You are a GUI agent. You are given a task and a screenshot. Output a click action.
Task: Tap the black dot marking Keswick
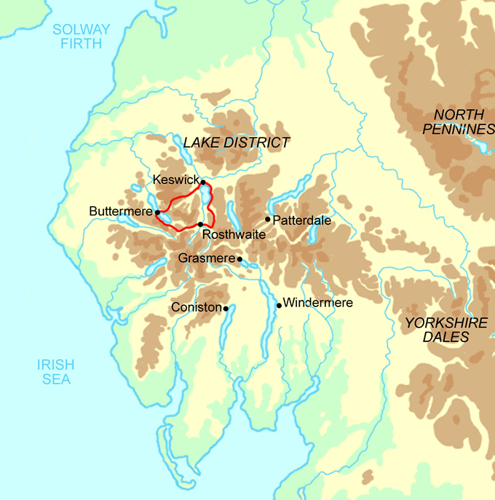coord(203,182)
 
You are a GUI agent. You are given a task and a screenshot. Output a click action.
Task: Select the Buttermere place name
coord(120,212)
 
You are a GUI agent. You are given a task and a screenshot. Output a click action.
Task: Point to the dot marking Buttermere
coord(157,212)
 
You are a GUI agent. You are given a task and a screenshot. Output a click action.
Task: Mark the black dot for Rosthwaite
coord(200,225)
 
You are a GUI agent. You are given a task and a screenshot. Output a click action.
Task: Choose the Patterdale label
coord(301,219)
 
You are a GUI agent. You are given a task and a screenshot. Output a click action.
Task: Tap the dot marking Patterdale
coord(268,219)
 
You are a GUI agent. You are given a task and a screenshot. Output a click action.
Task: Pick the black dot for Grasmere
coord(239,258)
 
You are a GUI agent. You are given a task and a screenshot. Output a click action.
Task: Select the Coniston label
coord(195,308)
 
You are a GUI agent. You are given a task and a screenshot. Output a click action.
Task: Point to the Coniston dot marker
coord(226,308)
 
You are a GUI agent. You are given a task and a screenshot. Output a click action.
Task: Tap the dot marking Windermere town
coord(279,305)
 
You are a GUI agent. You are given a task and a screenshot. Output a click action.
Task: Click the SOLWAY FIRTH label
coord(81,37)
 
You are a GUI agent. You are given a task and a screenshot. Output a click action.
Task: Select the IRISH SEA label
coord(57,372)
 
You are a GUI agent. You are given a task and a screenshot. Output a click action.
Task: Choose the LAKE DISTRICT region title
coord(237,143)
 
